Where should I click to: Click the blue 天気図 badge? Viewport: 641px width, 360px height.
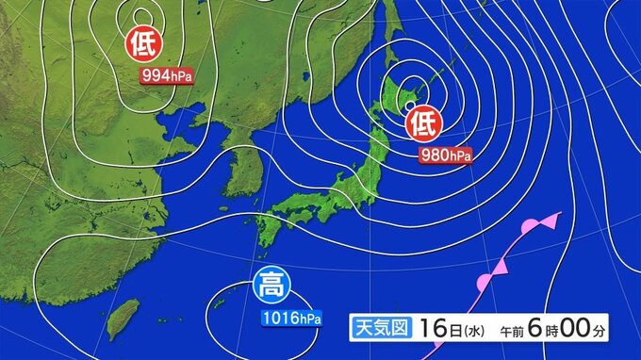tap(379, 329)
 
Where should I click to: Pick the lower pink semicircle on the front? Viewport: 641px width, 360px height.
tap(484, 281)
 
